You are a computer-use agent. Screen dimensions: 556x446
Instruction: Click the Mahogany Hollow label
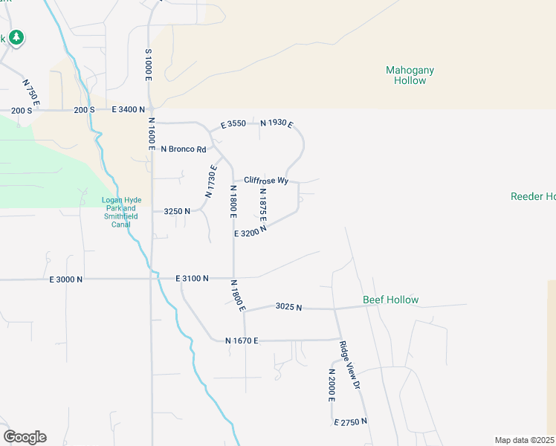410,75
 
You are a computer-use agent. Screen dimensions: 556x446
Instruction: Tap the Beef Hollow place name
390,300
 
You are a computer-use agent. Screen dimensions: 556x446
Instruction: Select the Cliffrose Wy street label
265,181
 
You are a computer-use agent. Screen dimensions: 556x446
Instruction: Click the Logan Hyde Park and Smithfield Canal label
120,211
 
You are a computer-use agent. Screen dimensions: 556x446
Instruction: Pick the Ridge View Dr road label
349,365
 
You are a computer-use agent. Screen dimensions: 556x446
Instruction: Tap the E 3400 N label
128,109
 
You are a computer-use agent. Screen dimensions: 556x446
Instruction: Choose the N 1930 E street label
276,123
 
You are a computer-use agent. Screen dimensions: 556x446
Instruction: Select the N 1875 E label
262,204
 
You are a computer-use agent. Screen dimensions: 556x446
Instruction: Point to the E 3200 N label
250,232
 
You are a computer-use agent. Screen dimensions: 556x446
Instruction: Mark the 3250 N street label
177,211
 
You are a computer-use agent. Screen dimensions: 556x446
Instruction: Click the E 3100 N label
192,278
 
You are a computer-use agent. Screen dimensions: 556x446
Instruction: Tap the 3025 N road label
288,306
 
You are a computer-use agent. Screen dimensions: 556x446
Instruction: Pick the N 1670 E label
242,340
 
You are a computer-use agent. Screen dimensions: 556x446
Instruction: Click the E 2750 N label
350,421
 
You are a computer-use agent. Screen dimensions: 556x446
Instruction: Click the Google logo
25,437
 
